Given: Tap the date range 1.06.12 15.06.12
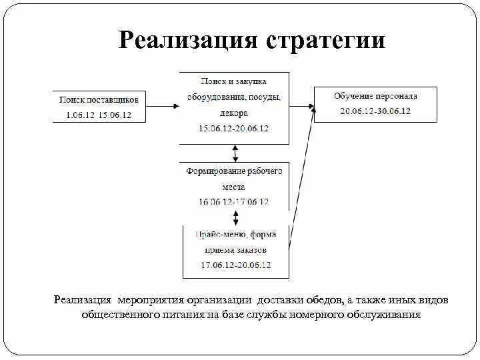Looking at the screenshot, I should click(99, 115).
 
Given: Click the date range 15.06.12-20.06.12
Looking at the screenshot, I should click(234, 128).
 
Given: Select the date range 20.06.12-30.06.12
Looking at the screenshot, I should click(375, 111).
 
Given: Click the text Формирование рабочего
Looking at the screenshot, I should click(234, 171).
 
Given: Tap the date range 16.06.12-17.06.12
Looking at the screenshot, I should click(234, 201).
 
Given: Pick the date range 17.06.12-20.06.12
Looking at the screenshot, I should click(236, 265).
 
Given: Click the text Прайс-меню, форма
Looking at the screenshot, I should click(236, 235).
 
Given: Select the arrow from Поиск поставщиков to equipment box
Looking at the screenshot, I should click(163, 105).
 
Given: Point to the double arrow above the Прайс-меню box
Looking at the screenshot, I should click(235, 218).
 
